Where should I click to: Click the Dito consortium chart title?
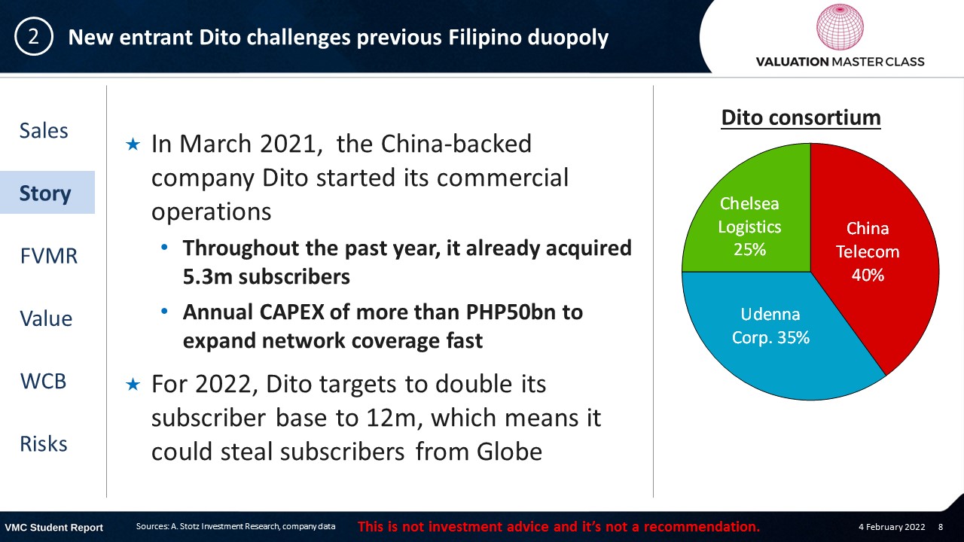tap(801, 117)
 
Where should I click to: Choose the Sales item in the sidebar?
tap(44, 130)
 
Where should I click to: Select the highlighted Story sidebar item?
tap(45, 193)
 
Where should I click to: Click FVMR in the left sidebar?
tap(49, 256)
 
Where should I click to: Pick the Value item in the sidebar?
tap(46, 318)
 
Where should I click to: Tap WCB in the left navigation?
tap(44, 381)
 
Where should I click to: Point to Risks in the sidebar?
tap(44, 443)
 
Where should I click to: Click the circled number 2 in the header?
tap(34, 37)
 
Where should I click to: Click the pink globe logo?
tap(840, 26)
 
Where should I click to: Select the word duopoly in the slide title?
tap(568, 38)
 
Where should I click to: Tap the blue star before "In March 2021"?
tap(133, 144)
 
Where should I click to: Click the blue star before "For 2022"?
tap(133, 384)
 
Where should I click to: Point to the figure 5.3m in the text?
tap(207, 276)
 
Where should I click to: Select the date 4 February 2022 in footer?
tap(892, 527)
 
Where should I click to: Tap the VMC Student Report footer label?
tap(53, 528)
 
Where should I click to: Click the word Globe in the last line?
tap(509, 452)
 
